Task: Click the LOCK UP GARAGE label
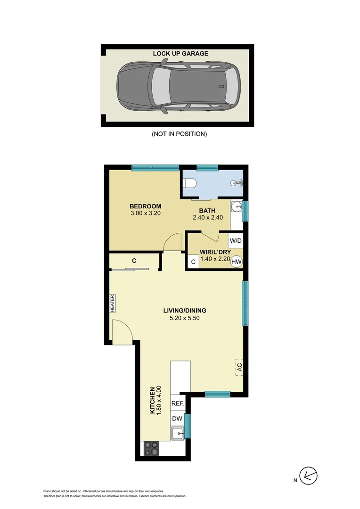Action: [x=180, y=54]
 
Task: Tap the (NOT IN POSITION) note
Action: [x=179, y=134]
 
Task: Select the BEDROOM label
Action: [x=146, y=206]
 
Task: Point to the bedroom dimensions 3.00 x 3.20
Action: [x=146, y=213]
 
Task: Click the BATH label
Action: [x=207, y=211]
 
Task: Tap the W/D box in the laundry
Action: [x=235, y=241]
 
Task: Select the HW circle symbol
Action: [x=236, y=262]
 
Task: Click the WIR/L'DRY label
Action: [x=215, y=252]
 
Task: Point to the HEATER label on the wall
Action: [x=113, y=303]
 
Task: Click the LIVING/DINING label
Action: [x=185, y=311]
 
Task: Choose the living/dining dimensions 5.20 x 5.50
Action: [x=185, y=318]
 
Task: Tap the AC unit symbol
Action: [x=239, y=367]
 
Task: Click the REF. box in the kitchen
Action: [x=177, y=404]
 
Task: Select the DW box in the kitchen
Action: [x=177, y=419]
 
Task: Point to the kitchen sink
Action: [x=178, y=434]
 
